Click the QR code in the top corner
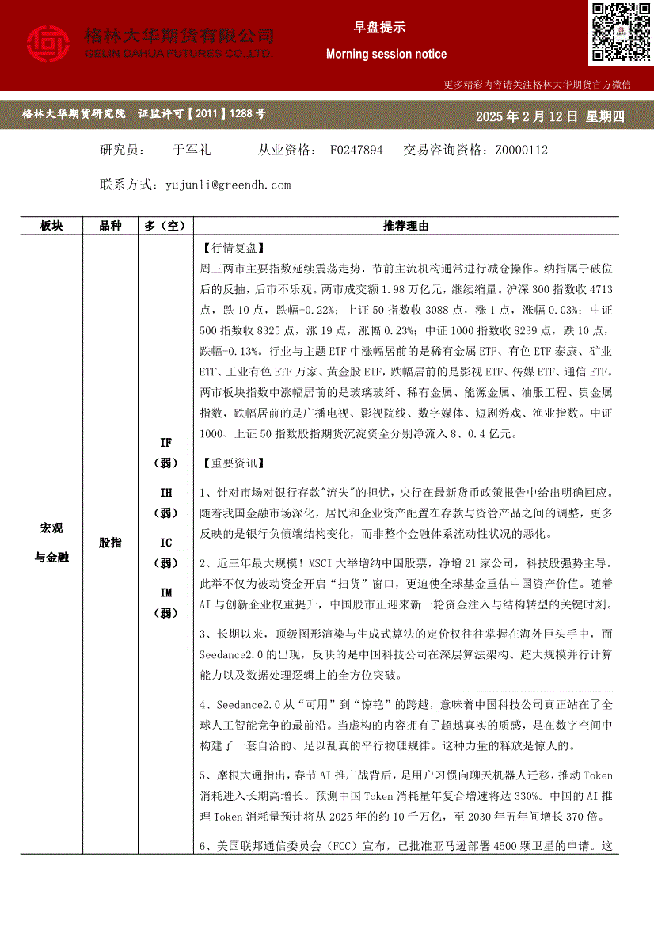(x=621, y=32)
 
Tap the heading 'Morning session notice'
(x=386, y=54)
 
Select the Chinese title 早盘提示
(x=379, y=28)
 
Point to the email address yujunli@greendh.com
(x=228, y=185)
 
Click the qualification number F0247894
(x=356, y=150)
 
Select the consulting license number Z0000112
(x=521, y=150)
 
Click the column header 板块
(x=51, y=227)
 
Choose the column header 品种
(x=110, y=227)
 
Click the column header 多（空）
(x=165, y=227)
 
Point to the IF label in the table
(x=165, y=443)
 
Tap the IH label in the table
(x=165, y=493)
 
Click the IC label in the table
(x=165, y=543)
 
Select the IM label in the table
(x=165, y=593)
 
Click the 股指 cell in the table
(x=110, y=543)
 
